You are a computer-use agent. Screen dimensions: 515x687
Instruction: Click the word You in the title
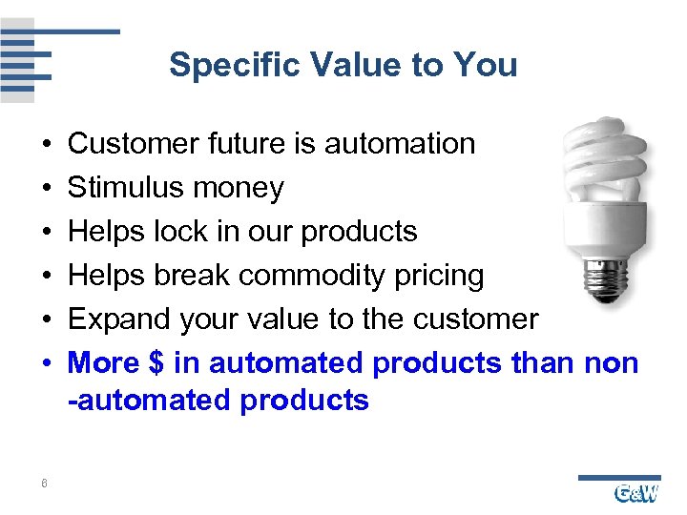click(485, 66)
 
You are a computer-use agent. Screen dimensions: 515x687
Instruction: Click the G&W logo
click(635, 492)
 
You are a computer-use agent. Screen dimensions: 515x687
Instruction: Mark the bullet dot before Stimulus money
click(47, 189)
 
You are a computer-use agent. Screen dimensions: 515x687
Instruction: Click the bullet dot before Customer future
click(47, 145)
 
